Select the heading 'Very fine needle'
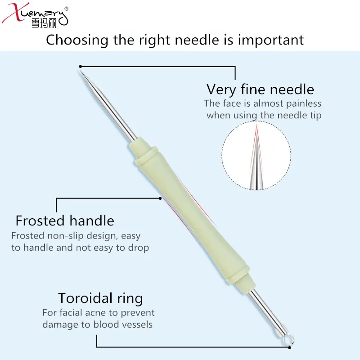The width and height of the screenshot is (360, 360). coord(260,89)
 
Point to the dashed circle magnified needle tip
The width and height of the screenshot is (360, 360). coord(256,155)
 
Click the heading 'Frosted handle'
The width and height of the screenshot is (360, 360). coord(65,220)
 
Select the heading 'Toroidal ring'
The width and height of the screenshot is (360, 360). coord(100,298)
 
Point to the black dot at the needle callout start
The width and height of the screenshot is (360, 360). coord(80,67)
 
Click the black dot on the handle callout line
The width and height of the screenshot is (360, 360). coord(160,198)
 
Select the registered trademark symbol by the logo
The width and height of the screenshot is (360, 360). coord(67,9)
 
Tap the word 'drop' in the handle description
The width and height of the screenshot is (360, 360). coord(138,247)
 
